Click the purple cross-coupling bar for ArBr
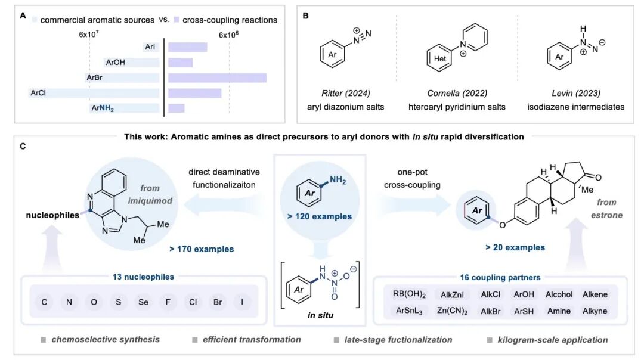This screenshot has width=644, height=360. [217, 77]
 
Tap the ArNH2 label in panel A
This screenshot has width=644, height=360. [102, 108]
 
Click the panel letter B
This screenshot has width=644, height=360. [306, 16]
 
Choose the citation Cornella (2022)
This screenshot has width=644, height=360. [457, 93]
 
